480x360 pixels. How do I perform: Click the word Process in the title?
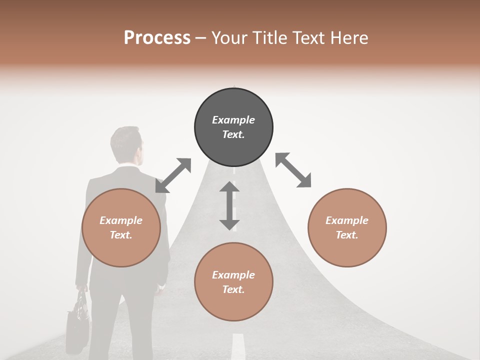click(x=157, y=38)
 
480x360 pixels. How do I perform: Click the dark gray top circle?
click(x=233, y=127)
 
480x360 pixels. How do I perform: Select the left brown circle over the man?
click(x=121, y=227)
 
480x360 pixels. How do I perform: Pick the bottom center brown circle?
click(x=233, y=282)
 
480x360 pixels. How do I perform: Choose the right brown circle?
click(x=347, y=227)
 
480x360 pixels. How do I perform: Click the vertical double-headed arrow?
click(x=229, y=205)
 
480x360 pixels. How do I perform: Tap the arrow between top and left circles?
click(x=173, y=175)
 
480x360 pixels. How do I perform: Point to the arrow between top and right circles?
click(x=293, y=170)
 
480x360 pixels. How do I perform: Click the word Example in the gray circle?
click(x=233, y=120)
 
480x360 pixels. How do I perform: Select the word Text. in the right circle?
click(x=347, y=235)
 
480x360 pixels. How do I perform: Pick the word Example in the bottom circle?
click(x=233, y=275)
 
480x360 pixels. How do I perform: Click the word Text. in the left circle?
click(x=121, y=235)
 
